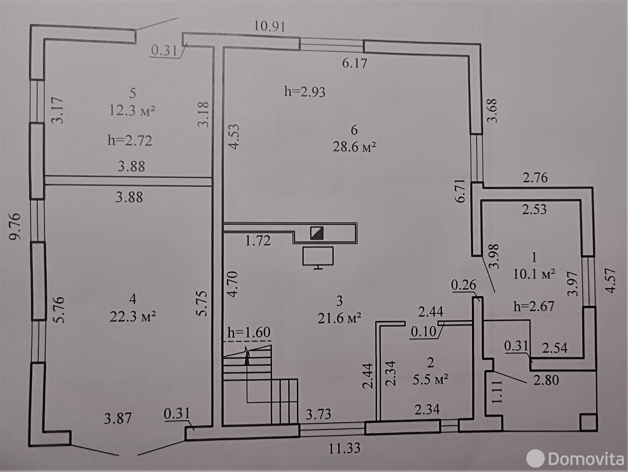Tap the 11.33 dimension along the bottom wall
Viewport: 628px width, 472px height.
click(x=344, y=448)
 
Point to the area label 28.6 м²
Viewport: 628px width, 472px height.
click(x=354, y=147)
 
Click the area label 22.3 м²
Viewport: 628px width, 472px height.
click(x=133, y=317)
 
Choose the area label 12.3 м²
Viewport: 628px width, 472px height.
click(x=132, y=110)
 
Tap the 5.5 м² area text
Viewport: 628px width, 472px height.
click(x=430, y=380)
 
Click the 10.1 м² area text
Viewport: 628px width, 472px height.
click(x=534, y=274)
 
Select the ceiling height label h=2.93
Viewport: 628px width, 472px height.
click(x=305, y=92)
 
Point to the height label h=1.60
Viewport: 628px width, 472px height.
click(x=249, y=332)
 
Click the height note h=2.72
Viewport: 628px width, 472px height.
click(x=130, y=140)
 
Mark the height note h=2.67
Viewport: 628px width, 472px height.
click(x=534, y=306)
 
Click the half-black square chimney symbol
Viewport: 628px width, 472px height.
click(x=317, y=233)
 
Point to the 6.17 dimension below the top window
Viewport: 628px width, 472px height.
click(x=354, y=63)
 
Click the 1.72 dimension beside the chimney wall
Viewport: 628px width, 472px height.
click(x=258, y=240)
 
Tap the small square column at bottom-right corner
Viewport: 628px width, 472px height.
click(x=588, y=422)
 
